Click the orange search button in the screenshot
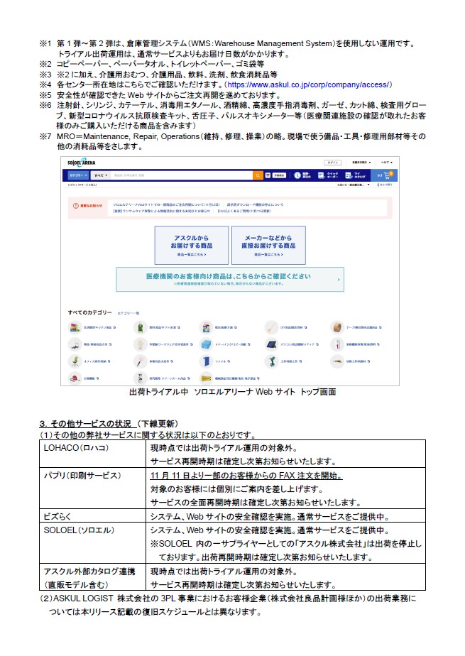[257, 175]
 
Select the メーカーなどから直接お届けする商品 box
[268, 245]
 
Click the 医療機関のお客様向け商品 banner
[229, 278]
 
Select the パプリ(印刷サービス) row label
[84, 475]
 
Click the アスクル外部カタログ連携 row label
[87, 570]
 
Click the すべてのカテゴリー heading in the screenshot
[90, 312]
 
